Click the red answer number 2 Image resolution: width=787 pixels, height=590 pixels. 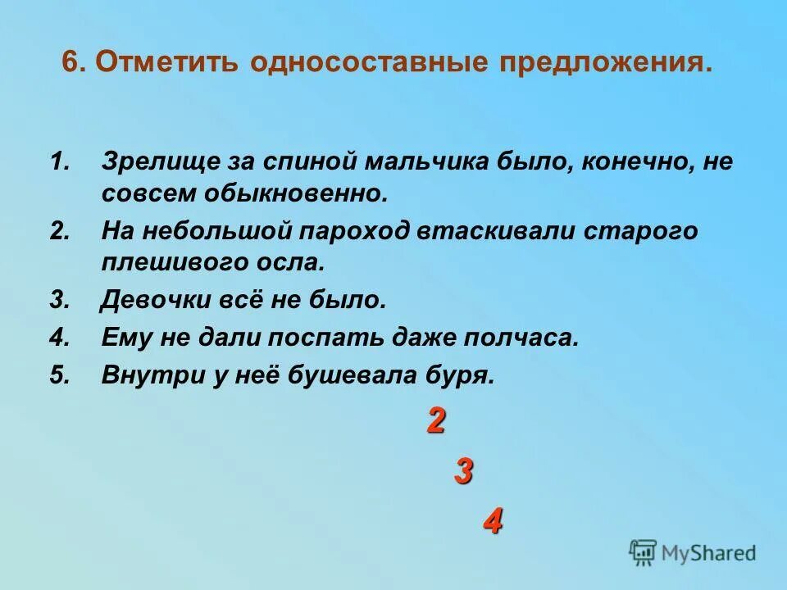pos(436,421)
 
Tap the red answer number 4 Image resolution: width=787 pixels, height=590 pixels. pos(492,521)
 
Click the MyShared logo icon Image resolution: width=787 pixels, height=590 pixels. pos(643,552)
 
